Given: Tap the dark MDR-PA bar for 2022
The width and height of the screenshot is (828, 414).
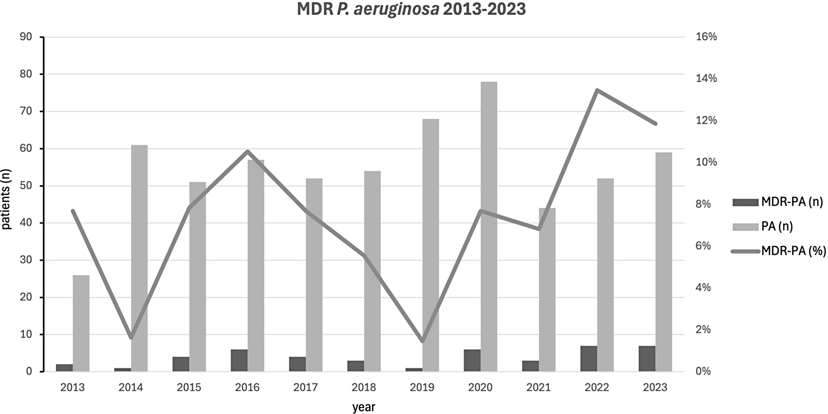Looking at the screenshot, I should click(x=588, y=359).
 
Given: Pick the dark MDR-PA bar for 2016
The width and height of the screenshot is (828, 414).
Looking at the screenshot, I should click(x=239, y=360).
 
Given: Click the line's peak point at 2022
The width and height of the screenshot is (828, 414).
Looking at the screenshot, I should click(x=597, y=90).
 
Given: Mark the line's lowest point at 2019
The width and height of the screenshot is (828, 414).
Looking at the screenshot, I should click(x=422, y=341).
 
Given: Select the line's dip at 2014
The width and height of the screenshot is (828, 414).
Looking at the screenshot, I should click(x=131, y=338).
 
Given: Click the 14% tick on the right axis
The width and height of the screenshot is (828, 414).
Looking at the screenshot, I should click(x=706, y=78).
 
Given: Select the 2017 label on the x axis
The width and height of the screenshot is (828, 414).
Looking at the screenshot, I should click(x=305, y=387).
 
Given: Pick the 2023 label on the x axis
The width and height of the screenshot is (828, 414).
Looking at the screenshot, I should click(x=655, y=387).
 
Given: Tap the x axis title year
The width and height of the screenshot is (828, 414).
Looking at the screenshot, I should click(x=363, y=407).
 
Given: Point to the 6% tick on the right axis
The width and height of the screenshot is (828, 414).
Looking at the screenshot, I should click(x=703, y=246).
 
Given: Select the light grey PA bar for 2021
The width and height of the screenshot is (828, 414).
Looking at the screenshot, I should click(x=547, y=290).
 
